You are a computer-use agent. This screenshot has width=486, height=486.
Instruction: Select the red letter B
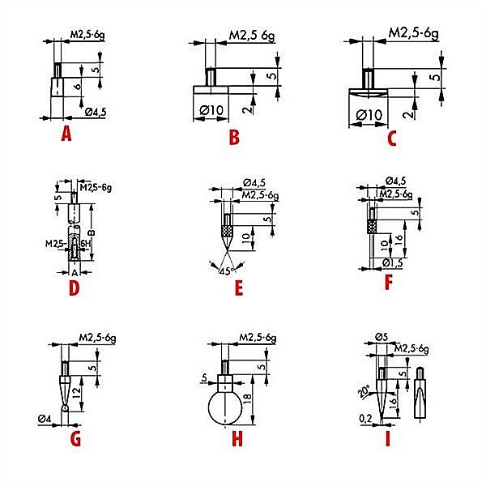pyautogui.click(x=233, y=137)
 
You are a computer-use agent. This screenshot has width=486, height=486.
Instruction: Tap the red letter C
pyautogui.click(x=391, y=138)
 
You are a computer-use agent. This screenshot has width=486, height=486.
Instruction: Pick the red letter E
pyautogui.click(x=237, y=288)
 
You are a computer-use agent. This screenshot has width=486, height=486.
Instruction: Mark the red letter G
pyautogui.click(x=76, y=440)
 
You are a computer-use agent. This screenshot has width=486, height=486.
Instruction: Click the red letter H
pyautogui.click(x=237, y=440)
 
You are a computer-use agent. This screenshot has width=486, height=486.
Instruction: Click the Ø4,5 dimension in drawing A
pyautogui.click(x=96, y=113)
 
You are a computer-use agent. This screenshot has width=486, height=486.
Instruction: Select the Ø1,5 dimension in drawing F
pyautogui.click(x=393, y=262)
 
